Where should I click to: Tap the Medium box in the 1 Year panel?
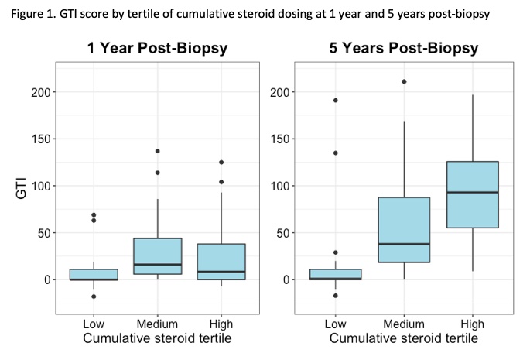pos(158,256)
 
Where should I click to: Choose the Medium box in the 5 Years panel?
pos(402,230)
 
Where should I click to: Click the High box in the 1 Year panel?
pos(221,262)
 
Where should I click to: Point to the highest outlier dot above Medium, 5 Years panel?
pos(402,81)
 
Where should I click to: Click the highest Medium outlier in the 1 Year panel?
pos(158,151)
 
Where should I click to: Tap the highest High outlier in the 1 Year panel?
pos(221,163)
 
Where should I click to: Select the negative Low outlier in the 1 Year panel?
pos(94,297)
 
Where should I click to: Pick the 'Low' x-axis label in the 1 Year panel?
pos(94,325)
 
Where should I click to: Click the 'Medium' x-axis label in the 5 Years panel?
pos(402,325)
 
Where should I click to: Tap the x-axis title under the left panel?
pos(158,339)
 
